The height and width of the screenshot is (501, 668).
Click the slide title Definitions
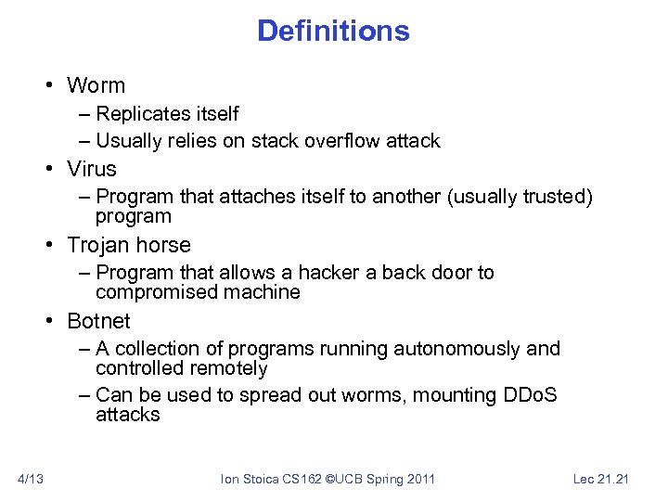point(333,31)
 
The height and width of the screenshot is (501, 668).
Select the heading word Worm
point(96,85)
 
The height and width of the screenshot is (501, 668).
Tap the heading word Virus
point(92,169)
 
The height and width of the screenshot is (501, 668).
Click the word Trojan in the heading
point(97,245)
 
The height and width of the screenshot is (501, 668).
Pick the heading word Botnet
point(99,321)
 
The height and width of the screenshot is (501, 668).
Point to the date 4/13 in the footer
point(31,479)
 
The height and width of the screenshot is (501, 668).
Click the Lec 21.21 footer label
point(601,479)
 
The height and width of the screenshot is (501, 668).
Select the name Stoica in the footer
point(261,479)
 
